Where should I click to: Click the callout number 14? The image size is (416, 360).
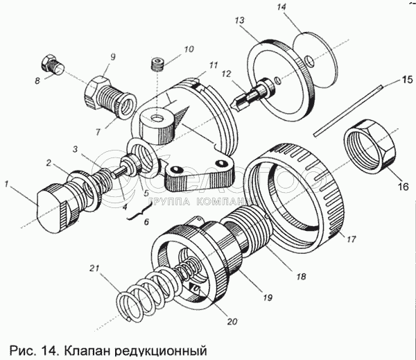pos(281,7)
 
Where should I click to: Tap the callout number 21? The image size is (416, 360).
pos(94,268)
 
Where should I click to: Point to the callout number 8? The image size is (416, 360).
pos(37,80)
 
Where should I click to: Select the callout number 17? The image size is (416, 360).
pos(351,239)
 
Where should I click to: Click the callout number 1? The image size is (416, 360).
pos(7,184)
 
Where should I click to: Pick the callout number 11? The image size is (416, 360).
pos(214,65)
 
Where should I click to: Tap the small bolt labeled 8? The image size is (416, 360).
pos(52,65)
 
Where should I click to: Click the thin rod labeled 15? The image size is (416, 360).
pos(347,111)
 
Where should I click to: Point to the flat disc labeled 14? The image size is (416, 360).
pos(315,60)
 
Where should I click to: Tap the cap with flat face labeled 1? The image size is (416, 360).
pos(58,207)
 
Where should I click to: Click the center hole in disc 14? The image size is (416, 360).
pos(310,61)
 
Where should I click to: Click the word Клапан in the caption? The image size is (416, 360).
pos(86,351)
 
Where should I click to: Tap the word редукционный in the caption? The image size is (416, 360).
pos(161,351)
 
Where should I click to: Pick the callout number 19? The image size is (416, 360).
pos(268,298)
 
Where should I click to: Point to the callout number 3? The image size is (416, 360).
pos(76,149)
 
